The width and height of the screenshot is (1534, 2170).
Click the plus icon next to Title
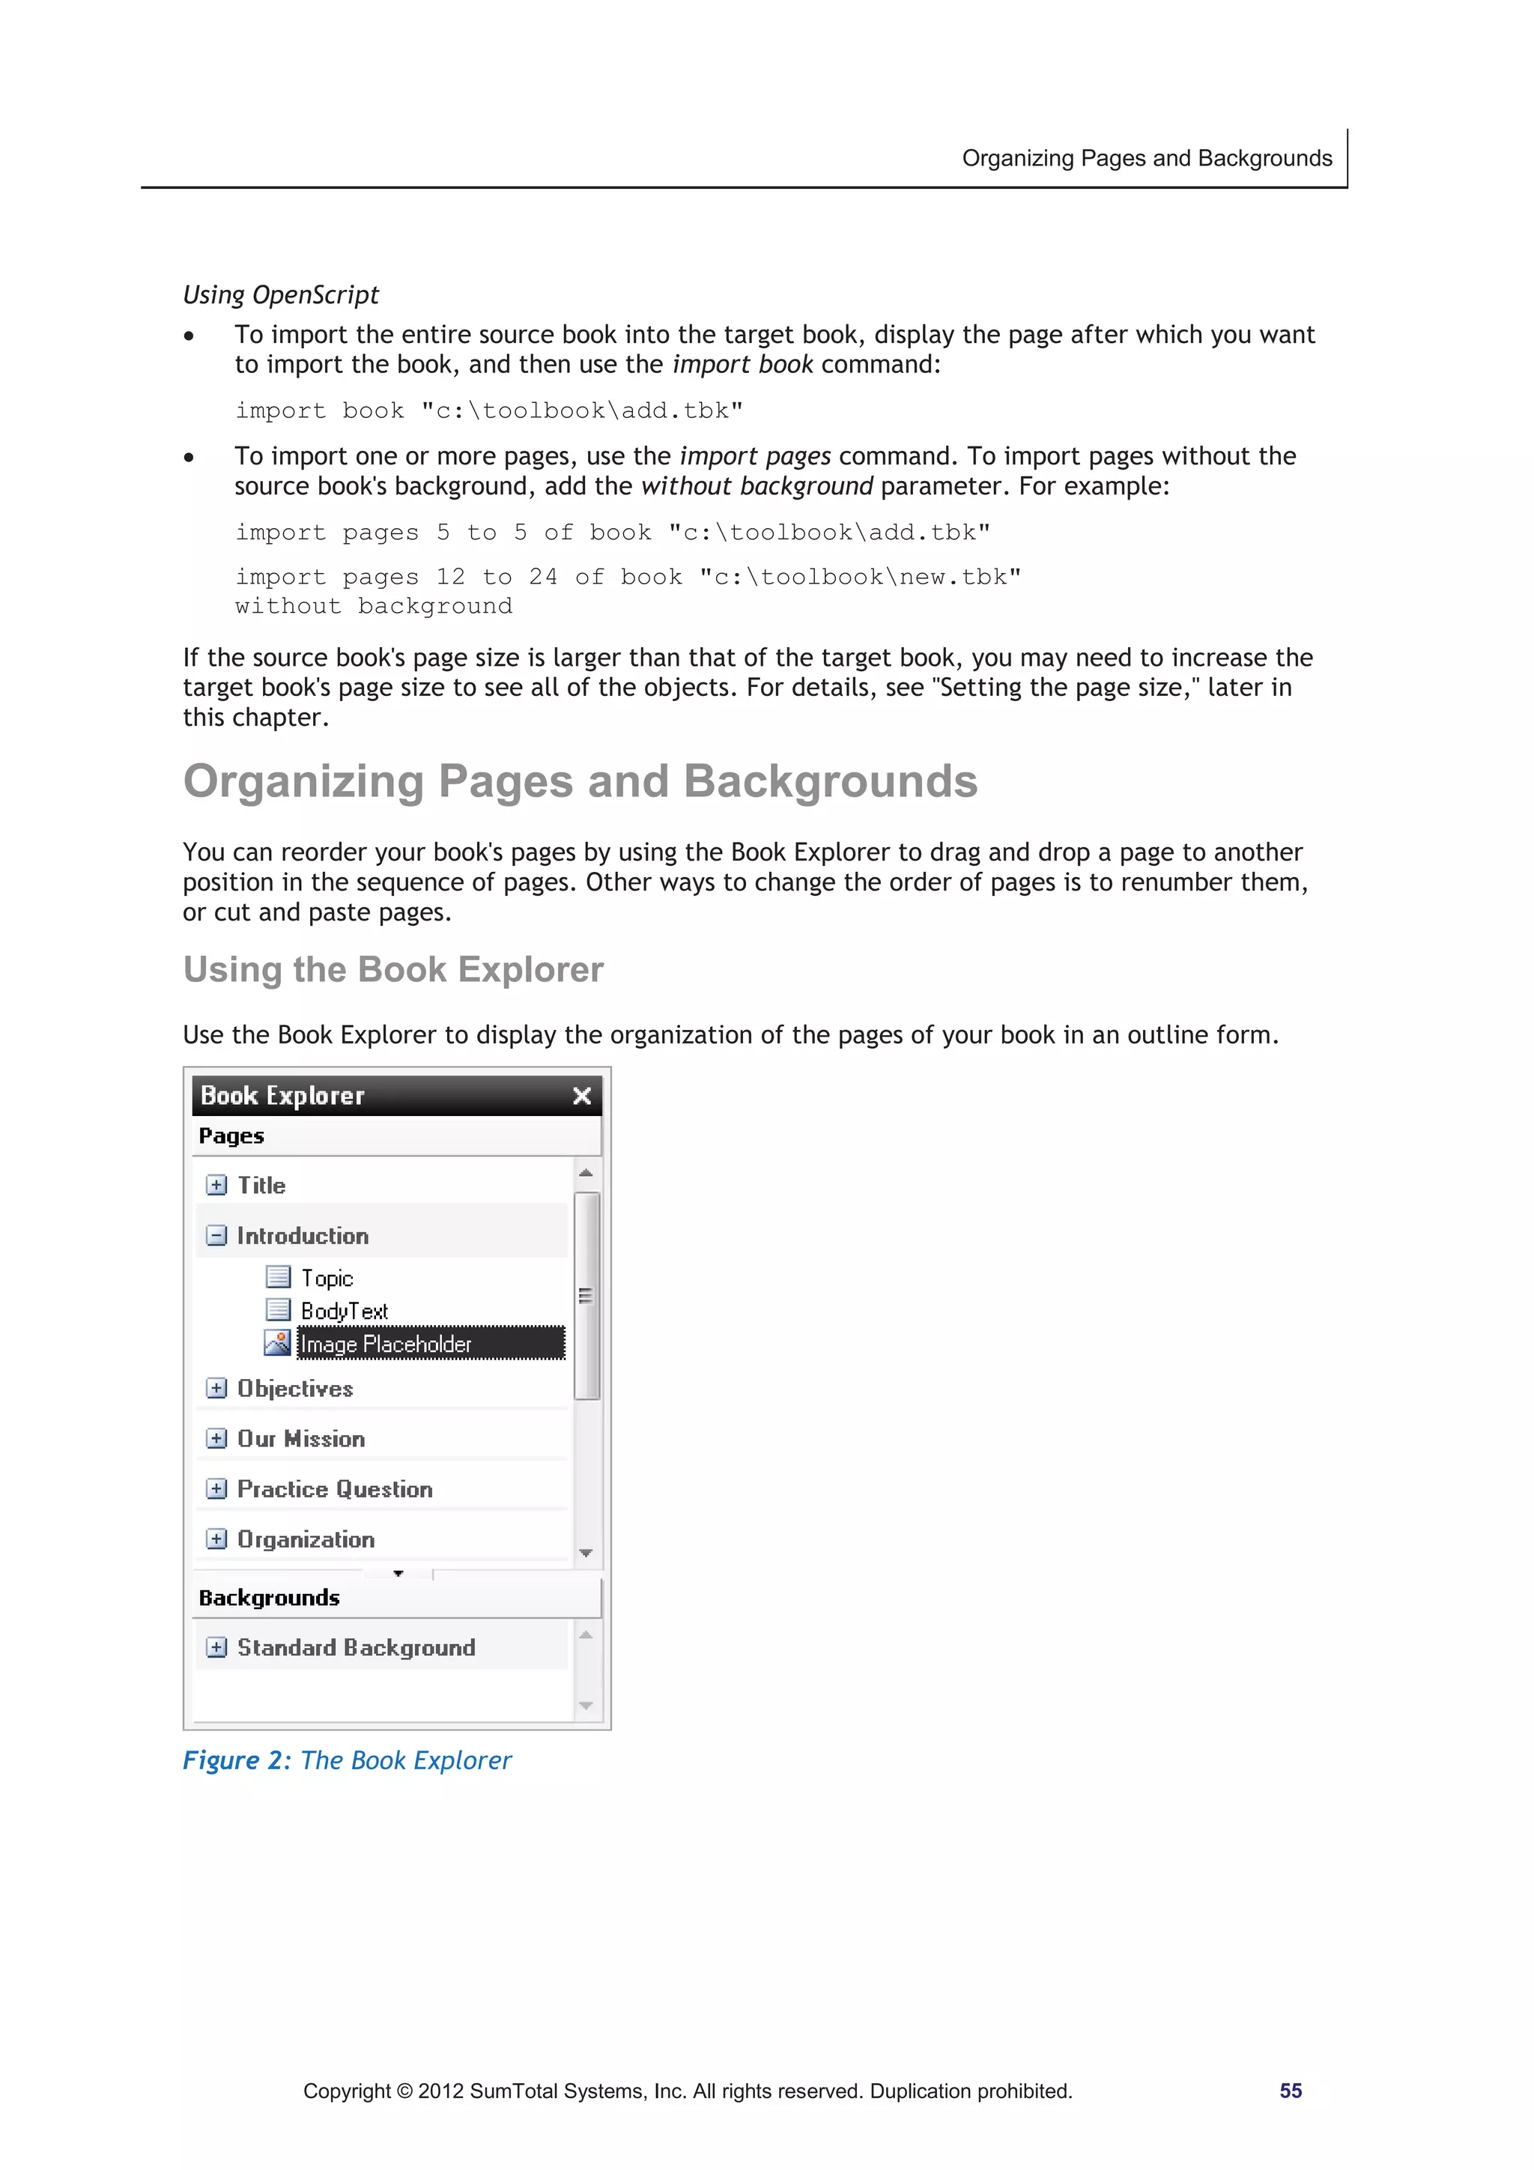tap(216, 1184)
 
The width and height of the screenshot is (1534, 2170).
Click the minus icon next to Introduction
tap(216, 1235)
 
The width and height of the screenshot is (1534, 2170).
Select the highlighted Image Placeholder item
tap(430, 1343)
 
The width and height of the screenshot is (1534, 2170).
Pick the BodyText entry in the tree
tap(344, 1311)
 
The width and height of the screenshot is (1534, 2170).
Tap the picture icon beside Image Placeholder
tap(277, 1342)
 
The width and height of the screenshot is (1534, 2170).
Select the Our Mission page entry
tap(300, 1438)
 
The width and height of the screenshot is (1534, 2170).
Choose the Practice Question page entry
tap(335, 1488)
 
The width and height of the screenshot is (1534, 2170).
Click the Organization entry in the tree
tap(306, 1539)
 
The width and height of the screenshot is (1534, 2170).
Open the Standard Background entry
tap(355, 1647)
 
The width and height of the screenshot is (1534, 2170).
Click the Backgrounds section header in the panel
tap(270, 1597)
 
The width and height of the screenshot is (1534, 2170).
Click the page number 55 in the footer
tap(1290, 2091)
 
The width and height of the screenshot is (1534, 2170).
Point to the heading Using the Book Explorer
tap(393, 970)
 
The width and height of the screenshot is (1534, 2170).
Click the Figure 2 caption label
tap(236, 1760)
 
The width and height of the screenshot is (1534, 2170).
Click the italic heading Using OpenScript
tap(281, 295)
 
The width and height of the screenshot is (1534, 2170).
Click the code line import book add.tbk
tap(488, 410)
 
